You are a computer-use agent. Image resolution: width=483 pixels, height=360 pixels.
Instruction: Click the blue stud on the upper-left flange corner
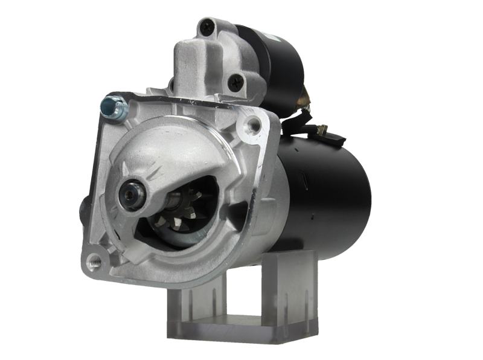[x=115, y=108]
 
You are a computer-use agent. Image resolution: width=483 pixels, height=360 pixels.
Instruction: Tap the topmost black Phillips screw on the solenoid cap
[x=208, y=26]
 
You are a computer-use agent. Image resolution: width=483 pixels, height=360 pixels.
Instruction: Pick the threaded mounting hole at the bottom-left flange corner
[x=94, y=261]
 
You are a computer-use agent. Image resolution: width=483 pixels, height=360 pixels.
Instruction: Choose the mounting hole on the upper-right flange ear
[x=254, y=125]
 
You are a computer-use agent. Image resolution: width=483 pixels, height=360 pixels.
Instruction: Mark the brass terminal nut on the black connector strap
[x=322, y=129]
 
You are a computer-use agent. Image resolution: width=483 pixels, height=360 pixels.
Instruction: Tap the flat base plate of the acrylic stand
[x=241, y=329]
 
